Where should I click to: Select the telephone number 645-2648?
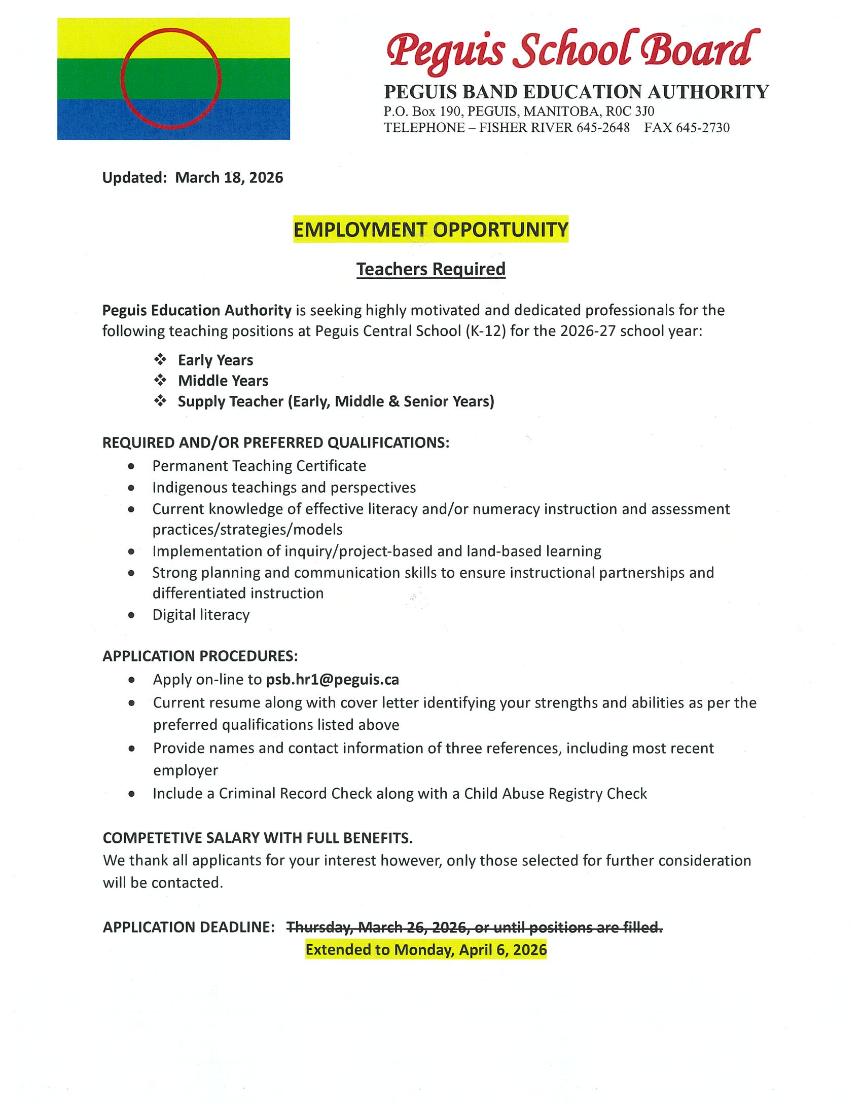pyautogui.click(x=603, y=128)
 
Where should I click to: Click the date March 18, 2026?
pyautogui.click(x=229, y=178)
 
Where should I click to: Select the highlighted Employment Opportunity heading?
pyautogui.click(x=430, y=230)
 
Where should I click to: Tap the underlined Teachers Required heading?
pyautogui.click(x=430, y=269)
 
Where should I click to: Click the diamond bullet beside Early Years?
pyautogui.click(x=160, y=360)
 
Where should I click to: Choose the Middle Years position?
pyautogui.click(x=223, y=381)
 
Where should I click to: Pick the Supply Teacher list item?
pyautogui.click(x=336, y=402)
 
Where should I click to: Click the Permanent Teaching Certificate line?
pyautogui.click(x=259, y=466)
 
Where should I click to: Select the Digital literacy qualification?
pyautogui.click(x=201, y=615)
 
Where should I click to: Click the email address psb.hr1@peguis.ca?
pyautogui.click(x=333, y=680)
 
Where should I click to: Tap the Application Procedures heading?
pyautogui.click(x=200, y=656)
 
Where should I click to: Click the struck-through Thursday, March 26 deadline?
pyautogui.click(x=474, y=927)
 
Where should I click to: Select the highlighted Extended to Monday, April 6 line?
pyautogui.click(x=426, y=950)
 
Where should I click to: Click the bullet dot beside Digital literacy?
pyautogui.click(x=131, y=615)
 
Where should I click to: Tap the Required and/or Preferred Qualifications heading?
pyautogui.click(x=276, y=442)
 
